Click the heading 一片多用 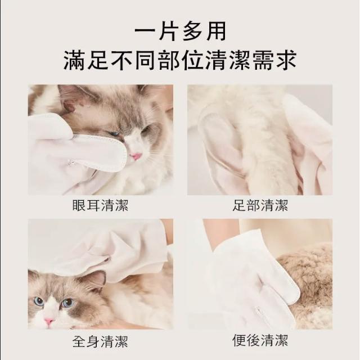tap(180, 31)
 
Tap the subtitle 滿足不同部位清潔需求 tap(180, 60)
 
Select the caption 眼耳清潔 tap(100, 205)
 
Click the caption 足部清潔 tap(260, 205)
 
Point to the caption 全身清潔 tap(100, 341)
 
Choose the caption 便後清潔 tap(260, 340)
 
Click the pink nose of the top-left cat tap(136, 156)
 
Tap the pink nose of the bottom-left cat tap(49, 321)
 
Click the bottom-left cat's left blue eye tap(38, 301)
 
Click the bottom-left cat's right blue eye tap(67, 303)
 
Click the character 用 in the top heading tap(215, 31)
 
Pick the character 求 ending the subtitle tap(286, 60)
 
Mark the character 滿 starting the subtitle tap(74, 60)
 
